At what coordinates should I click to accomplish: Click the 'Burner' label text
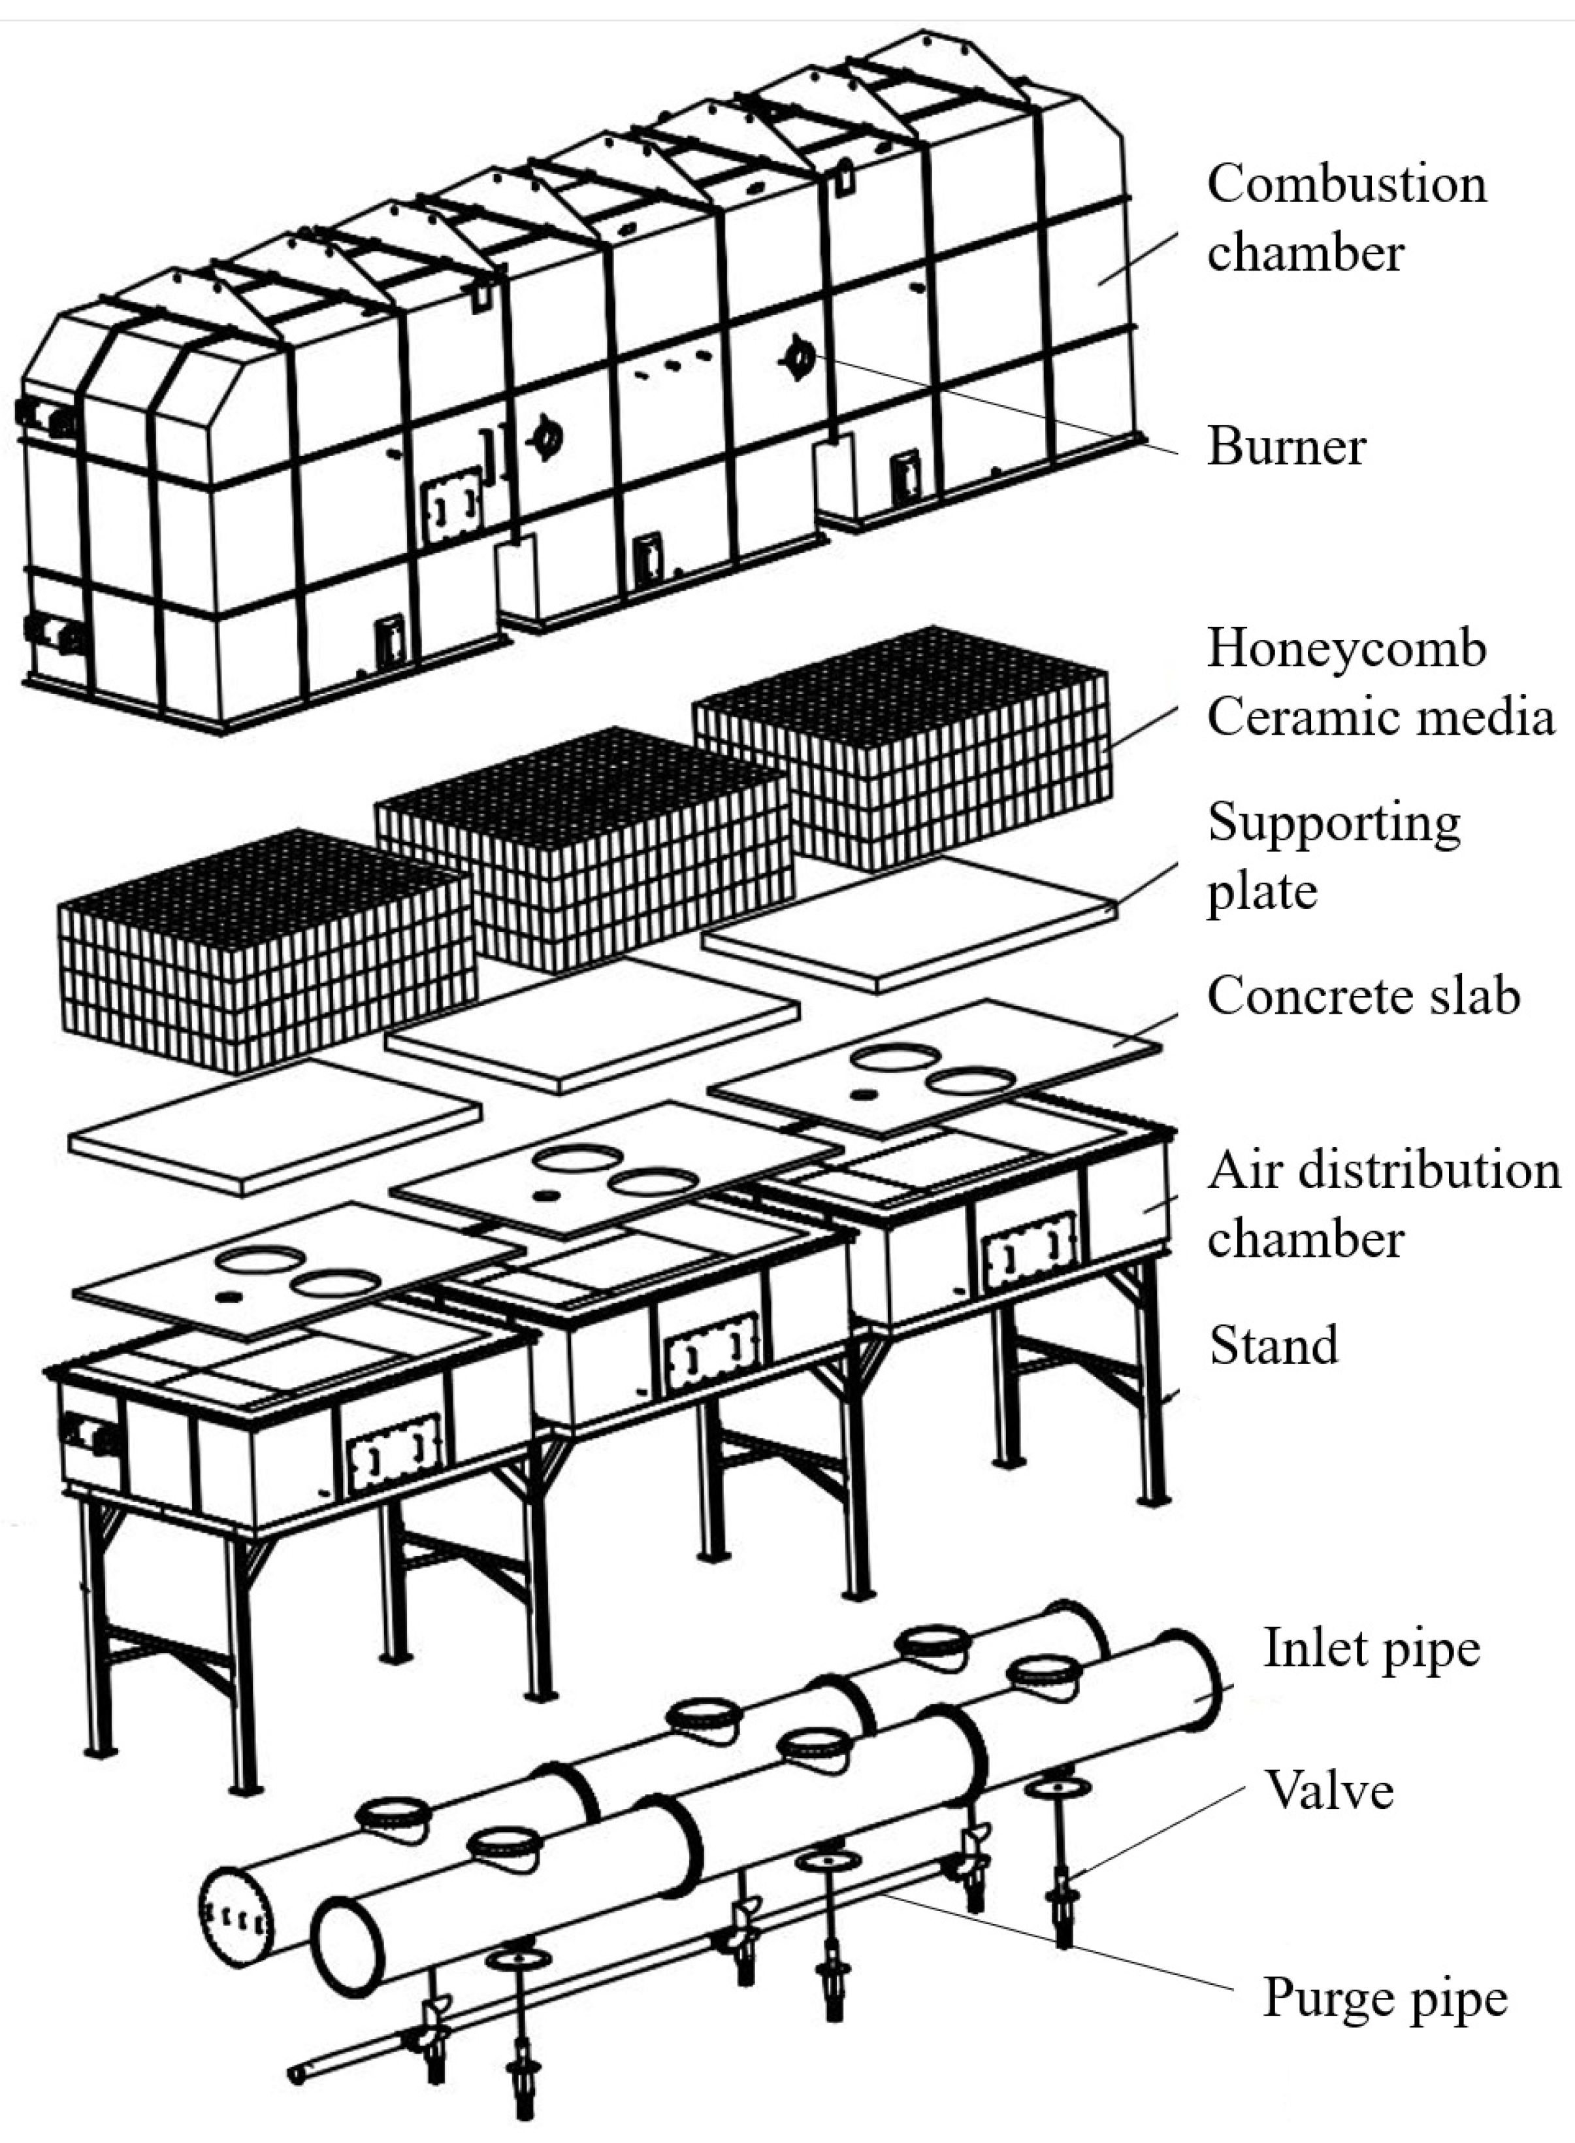pos(1286,446)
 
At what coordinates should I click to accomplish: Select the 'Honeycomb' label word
pos(1346,648)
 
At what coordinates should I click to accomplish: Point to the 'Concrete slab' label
pos(1363,995)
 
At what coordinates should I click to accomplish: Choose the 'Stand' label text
pos(1274,1346)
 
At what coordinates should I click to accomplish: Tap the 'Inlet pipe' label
pos(1371,1648)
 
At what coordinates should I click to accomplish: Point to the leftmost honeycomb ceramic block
pos(267,954)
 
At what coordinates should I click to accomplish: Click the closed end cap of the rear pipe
pos(235,1917)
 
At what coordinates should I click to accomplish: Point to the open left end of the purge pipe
pos(297,2073)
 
